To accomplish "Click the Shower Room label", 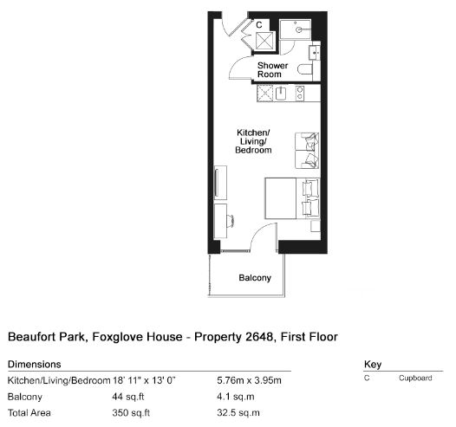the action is (x=272, y=69).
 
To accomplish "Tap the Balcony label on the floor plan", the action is (x=255, y=278).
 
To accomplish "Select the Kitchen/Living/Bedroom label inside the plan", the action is (x=253, y=141).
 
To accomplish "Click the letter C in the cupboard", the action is (x=259, y=25).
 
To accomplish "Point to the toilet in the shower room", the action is (x=305, y=69).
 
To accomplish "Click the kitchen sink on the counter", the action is (x=281, y=94).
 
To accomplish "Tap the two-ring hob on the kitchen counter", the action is (x=300, y=94).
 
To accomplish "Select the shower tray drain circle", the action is (x=298, y=29).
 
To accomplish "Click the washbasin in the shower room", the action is (x=315, y=53).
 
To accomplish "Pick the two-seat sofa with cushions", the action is (x=307, y=151).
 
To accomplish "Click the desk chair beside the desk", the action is (x=231, y=221).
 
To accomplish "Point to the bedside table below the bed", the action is (x=316, y=226).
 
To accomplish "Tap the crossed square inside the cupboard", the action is (x=264, y=41).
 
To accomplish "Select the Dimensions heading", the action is (x=35, y=365).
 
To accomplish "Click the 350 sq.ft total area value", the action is (x=131, y=413).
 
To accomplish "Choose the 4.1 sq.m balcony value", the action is (x=236, y=397).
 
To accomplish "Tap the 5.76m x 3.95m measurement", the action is (x=249, y=380).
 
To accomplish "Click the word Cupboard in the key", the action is (x=415, y=378).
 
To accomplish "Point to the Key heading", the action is (x=373, y=365).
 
